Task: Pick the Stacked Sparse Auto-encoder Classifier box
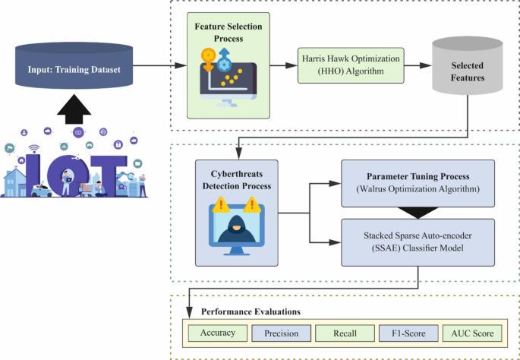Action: click(417, 242)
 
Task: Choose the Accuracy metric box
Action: click(218, 333)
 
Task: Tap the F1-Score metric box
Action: click(408, 333)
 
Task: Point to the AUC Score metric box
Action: click(473, 333)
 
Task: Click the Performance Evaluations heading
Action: click(251, 311)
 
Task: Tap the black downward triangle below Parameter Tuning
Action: click(418, 210)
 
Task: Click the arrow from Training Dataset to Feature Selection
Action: click(162, 66)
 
